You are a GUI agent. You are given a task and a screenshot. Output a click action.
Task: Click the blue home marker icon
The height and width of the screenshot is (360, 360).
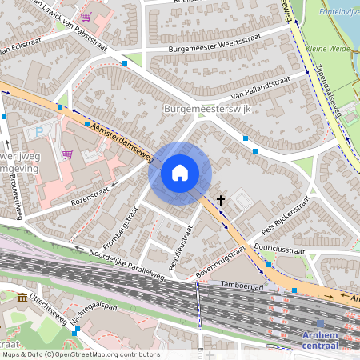(180, 172)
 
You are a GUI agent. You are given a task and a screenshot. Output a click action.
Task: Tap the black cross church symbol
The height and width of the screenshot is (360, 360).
(220, 203)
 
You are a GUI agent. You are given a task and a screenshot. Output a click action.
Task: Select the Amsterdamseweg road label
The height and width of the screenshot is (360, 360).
(121, 140)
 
